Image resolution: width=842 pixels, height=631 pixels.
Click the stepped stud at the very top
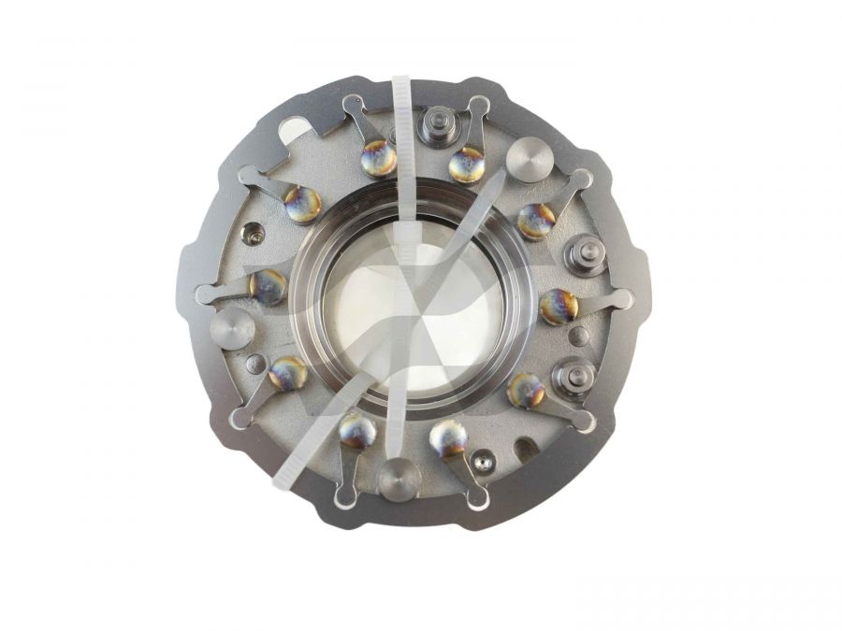click(437, 122)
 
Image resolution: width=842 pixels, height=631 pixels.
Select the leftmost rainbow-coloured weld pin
click(269, 286)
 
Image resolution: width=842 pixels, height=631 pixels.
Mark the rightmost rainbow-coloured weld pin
click(559, 306)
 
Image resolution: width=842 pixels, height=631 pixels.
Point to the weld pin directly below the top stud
click(466, 165)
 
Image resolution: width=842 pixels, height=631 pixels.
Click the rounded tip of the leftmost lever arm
click(203, 295)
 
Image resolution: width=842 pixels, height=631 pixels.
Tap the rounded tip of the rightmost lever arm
click(623, 299)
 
